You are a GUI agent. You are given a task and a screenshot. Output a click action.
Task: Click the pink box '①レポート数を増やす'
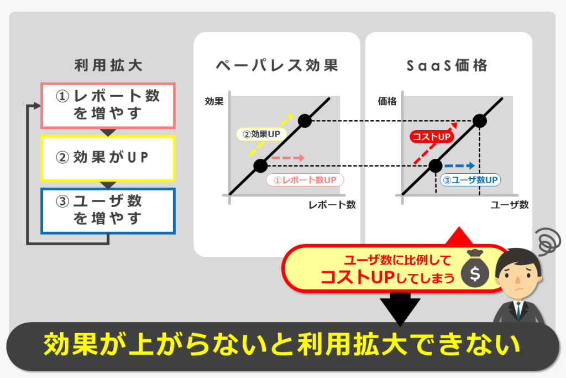coord(108,106)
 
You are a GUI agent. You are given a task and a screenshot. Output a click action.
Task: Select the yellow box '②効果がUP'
coord(108,158)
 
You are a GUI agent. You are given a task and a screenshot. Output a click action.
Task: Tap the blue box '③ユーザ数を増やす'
coord(108,211)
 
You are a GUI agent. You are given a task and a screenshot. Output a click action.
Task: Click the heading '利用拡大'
coord(108,65)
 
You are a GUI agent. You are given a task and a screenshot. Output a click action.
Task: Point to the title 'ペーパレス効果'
coord(277,65)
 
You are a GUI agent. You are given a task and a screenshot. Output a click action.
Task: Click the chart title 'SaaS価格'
coord(447,65)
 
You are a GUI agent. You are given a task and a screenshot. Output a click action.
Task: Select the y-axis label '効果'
coord(214,101)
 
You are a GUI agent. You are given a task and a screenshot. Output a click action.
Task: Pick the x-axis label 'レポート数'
coord(332,205)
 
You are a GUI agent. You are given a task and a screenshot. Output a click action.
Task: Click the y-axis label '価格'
coord(387,101)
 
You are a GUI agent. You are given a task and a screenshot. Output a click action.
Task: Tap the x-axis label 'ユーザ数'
coord(509,205)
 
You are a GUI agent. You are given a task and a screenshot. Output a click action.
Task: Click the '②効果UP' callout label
coord(261,134)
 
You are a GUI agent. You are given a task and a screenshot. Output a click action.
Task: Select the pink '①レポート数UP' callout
coord(305,180)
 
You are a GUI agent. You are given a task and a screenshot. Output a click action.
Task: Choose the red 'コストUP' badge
coord(432,137)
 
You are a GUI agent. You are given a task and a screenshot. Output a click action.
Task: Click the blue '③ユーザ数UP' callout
coord(470,180)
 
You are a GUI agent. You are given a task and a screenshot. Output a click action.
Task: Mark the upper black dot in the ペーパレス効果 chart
coord(305,121)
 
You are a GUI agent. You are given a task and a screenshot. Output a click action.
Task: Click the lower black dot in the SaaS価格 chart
coord(436,166)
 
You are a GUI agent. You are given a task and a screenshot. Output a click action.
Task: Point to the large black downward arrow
coord(400,309)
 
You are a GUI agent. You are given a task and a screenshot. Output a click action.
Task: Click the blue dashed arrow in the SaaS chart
coord(459,166)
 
